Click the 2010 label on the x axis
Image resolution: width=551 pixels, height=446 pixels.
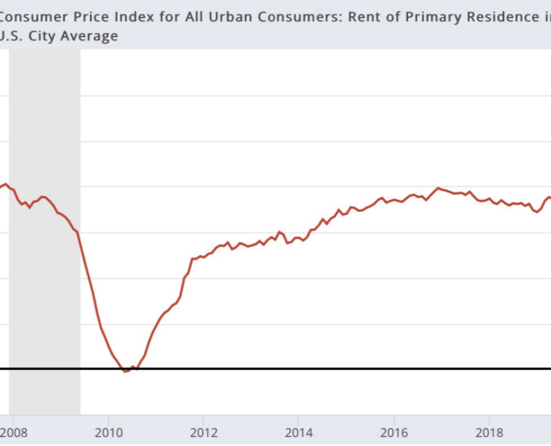point(108,432)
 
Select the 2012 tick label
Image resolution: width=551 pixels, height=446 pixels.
point(203,432)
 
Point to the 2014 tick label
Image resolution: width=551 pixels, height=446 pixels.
point(299,432)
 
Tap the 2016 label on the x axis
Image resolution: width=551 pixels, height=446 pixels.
point(394,432)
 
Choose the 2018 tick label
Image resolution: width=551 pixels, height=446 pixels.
point(489,432)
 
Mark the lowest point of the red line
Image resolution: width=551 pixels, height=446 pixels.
point(125,371)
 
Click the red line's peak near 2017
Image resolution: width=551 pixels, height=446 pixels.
point(438,188)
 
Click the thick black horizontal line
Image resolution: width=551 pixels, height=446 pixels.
point(326,369)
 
